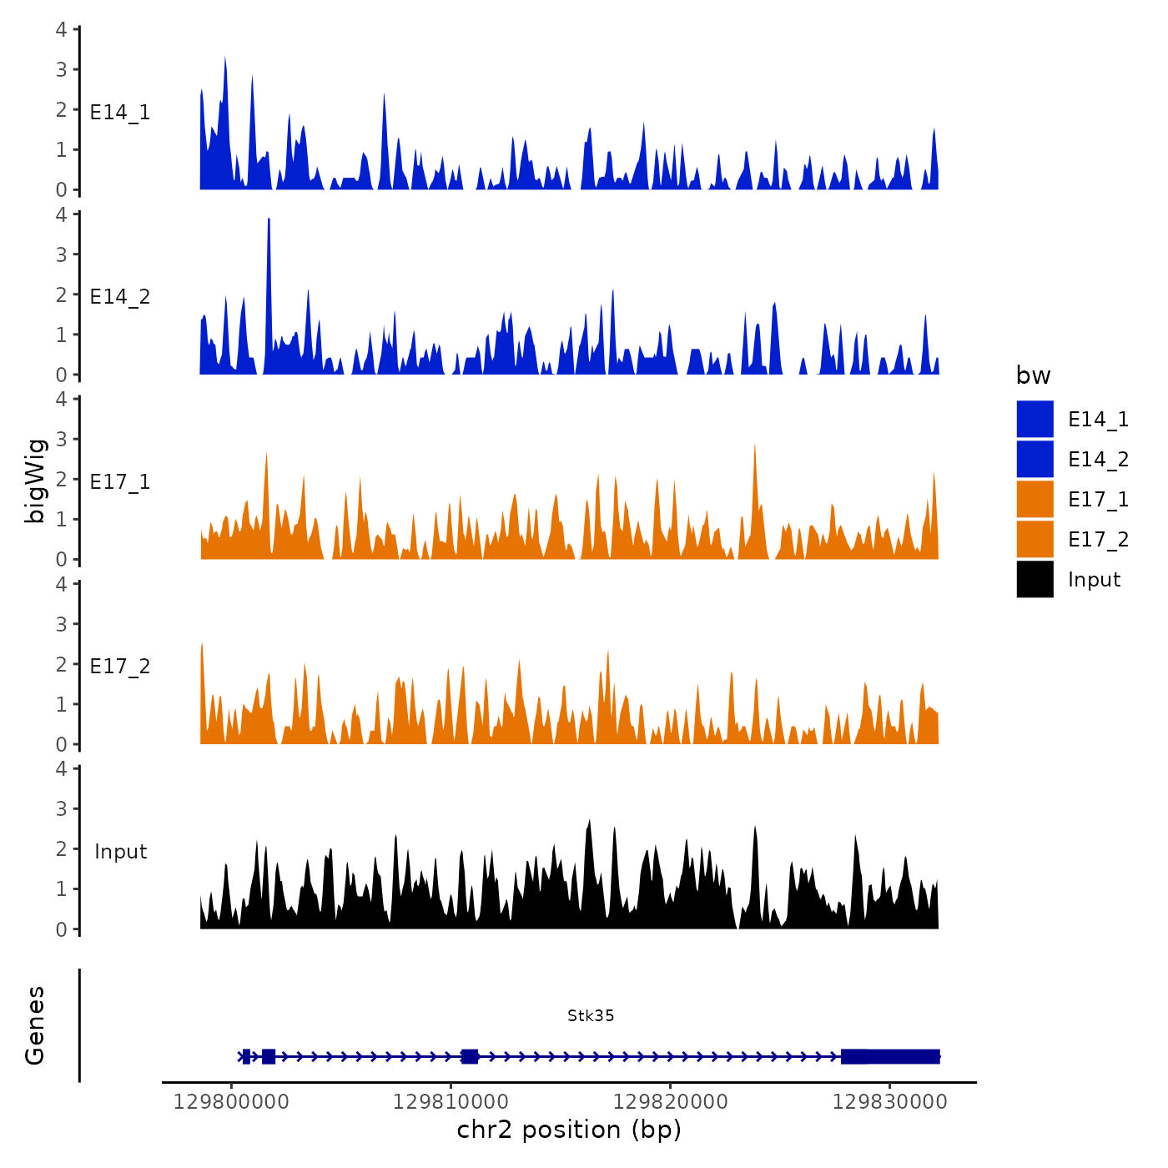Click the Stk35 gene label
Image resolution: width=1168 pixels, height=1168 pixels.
pyautogui.click(x=591, y=1015)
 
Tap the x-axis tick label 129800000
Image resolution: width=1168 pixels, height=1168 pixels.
pyautogui.click(x=231, y=1102)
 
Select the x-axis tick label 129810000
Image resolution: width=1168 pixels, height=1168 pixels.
pyautogui.click(x=451, y=1102)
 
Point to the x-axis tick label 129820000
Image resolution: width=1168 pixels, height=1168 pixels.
pyautogui.click(x=670, y=1102)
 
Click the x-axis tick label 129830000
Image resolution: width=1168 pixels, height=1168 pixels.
pyautogui.click(x=890, y=1102)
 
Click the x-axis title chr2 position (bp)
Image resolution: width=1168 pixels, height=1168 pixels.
pyautogui.click(x=569, y=1130)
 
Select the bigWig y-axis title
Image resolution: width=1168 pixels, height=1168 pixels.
pyautogui.click(x=35, y=481)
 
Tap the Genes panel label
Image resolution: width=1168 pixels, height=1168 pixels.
pyautogui.click(x=35, y=1025)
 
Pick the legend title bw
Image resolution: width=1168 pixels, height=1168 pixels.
pyautogui.click(x=1033, y=375)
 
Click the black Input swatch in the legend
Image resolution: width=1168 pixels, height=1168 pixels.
pyautogui.click(x=1035, y=579)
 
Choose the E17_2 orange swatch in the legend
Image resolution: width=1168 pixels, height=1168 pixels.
pyautogui.click(x=1035, y=539)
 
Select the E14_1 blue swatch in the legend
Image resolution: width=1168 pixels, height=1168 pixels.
pyautogui.click(x=1035, y=419)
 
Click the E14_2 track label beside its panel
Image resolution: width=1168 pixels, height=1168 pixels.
pyautogui.click(x=120, y=297)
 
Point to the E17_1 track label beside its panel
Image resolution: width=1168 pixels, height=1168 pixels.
pyautogui.click(x=120, y=482)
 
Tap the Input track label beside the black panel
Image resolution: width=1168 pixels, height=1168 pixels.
pyautogui.click(x=120, y=852)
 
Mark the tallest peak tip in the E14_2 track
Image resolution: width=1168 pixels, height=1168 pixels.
pyautogui.click(x=269, y=219)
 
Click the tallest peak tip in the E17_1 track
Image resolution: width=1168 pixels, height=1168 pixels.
pyautogui.click(x=754, y=445)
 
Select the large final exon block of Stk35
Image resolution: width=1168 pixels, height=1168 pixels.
pyautogui.click(x=890, y=1056)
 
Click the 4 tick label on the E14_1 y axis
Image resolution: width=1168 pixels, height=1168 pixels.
pyautogui.click(x=61, y=30)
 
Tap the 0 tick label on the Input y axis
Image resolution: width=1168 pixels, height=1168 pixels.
pyautogui.click(x=61, y=929)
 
